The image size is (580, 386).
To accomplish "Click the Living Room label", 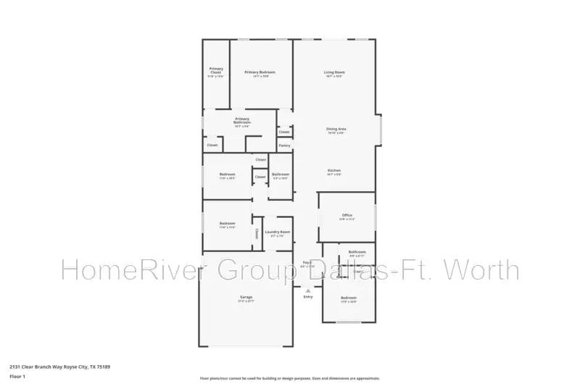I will pyautogui.click(x=333, y=72).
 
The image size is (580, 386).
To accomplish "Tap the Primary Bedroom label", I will pyautogui.click(x=259, y=72).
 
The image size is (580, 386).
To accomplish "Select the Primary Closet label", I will pyautogui.click(x=216, y=70).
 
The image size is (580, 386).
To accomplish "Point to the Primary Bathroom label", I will pyautogui.click(x=242, y=120).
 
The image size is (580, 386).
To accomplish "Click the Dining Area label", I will pyautogui.click(x=336, y=129).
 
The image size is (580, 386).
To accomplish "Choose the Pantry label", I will pyautogui.click(x=285, y=146).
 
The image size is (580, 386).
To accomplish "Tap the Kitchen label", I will pyautogui.click(x=333, y=170).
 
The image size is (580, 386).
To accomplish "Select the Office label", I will pyautogui.click(x=347, y=215).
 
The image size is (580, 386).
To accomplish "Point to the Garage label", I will pyautogui.click(x=246, y=297).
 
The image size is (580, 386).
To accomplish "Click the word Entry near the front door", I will pyautogui.click(x=308, y=297).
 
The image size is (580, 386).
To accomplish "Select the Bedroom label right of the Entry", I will pyautogui.click(x=349, y=298).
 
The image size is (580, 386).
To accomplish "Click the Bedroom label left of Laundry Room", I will pyautogui.click(x=227, y=223).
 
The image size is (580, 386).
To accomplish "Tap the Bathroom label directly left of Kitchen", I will pyautogui.click(x=281, y=174).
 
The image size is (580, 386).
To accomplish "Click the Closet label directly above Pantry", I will pyautogui.click(x=284, y=132).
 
